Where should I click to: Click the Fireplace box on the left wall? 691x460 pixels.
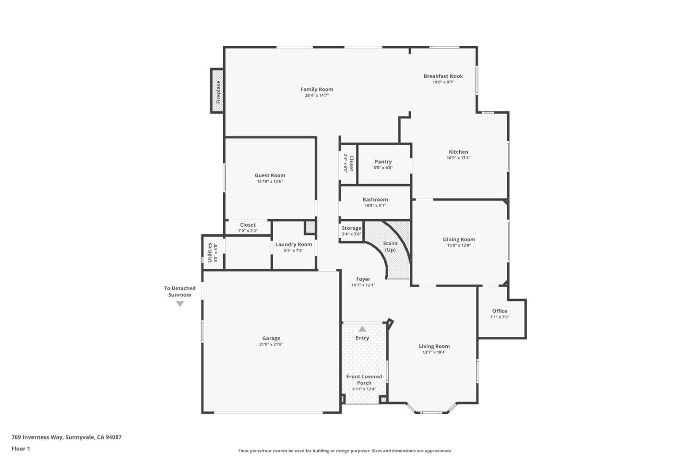[x=217, y=91]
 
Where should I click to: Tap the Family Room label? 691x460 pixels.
[x=317, y=90]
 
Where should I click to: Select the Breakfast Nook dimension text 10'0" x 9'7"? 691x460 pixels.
[x=443, y=82]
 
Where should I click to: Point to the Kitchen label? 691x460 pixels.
[x=458, y=152]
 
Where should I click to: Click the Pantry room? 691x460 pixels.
[x=383, y=164]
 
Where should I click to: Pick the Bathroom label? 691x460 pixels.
[x=375, y=200]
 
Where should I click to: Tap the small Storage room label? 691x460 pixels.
[x=351, y=229]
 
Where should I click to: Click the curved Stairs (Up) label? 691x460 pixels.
[x=390, y=247]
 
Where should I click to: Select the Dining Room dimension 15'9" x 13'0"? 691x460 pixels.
[x=459, y=245]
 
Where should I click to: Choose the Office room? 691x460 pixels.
[x=500, y=314]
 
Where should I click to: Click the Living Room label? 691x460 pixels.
[x=434, y=346]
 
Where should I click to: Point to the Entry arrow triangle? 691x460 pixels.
[x=362, y=329]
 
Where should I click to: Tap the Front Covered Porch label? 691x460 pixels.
[x=364, y=379]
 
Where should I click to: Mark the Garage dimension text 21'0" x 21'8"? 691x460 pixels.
[x=271, y=345]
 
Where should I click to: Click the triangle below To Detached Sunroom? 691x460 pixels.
[x=180, y=304]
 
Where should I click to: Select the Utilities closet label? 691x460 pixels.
[x=210, y=252]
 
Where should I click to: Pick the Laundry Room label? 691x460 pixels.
[x=294, y=245]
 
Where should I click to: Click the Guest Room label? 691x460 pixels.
[x=270, y=176]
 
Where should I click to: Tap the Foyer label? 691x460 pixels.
[x=363, y=279]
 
